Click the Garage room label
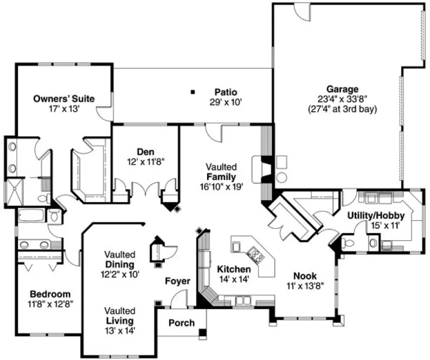(342, 89)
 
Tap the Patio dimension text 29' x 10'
(226, 101)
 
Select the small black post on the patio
(192, 92)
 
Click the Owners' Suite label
(64, 99)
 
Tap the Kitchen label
(234, 269)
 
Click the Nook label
(305, 275)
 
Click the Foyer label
(178, 281)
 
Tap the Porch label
(182, 323)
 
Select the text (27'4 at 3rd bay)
(342, 108)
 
